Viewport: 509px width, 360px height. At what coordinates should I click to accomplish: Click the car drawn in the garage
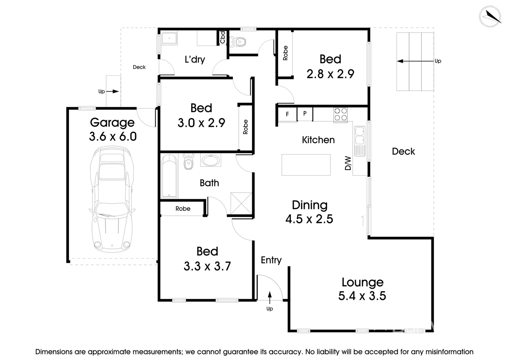pos(112,199)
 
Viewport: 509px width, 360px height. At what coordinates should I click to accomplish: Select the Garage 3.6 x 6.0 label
pos(113,129)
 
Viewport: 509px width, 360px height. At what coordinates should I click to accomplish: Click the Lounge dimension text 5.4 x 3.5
pos(362,296)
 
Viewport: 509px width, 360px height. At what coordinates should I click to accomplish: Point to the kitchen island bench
pos(306,165)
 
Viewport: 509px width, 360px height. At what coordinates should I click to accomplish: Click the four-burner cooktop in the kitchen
pos(340,114)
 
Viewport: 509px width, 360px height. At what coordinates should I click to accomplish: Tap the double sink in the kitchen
pos(360,140)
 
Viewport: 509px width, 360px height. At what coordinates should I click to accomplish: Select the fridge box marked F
pos(287,114)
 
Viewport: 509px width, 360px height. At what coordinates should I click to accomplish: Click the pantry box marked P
pos(304,114)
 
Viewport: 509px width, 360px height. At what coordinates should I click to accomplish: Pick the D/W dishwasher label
pos(348,163)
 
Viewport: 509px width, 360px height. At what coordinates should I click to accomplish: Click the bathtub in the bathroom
pos(169,176)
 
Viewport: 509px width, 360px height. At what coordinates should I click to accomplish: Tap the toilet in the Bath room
pos(188,162)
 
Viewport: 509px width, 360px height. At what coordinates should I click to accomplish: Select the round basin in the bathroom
pos(210,160)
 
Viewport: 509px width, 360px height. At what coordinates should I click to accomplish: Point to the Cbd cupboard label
pos(223,37)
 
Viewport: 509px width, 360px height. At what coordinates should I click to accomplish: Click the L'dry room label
pos(195,60)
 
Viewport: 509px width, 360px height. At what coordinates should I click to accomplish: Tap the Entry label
pos(271,260)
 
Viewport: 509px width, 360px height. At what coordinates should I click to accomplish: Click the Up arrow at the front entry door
pos(269,297)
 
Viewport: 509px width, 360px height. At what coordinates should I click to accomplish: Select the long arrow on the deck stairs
pos(415,61)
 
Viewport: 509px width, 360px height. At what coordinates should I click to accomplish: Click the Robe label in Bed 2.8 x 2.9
pos(285,53)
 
